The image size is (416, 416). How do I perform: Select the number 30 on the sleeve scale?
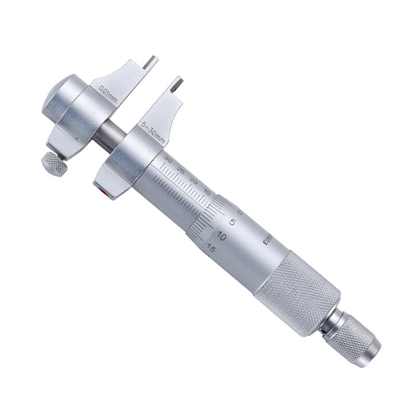[x=167, y=157]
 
